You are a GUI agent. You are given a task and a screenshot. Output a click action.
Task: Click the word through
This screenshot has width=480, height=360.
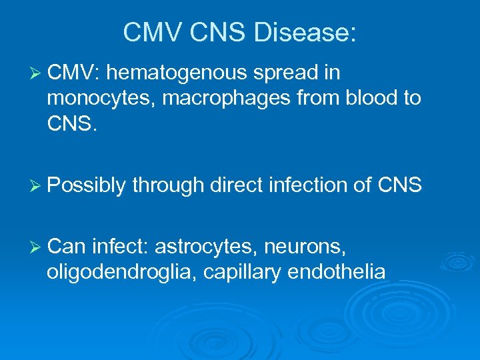[x=169, y=185]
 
